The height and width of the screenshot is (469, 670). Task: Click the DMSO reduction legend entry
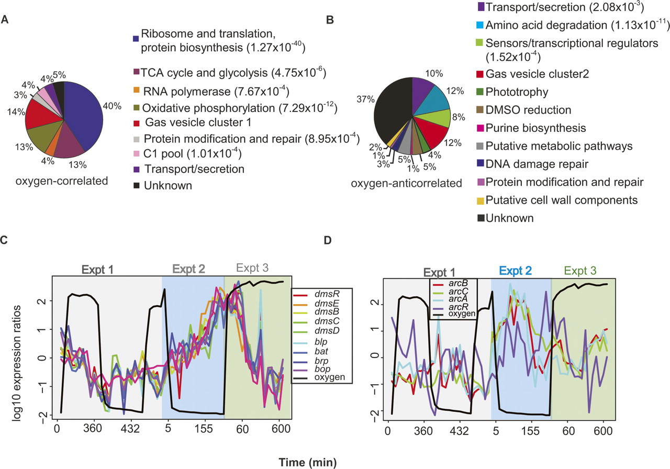click(x=523, y=109)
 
